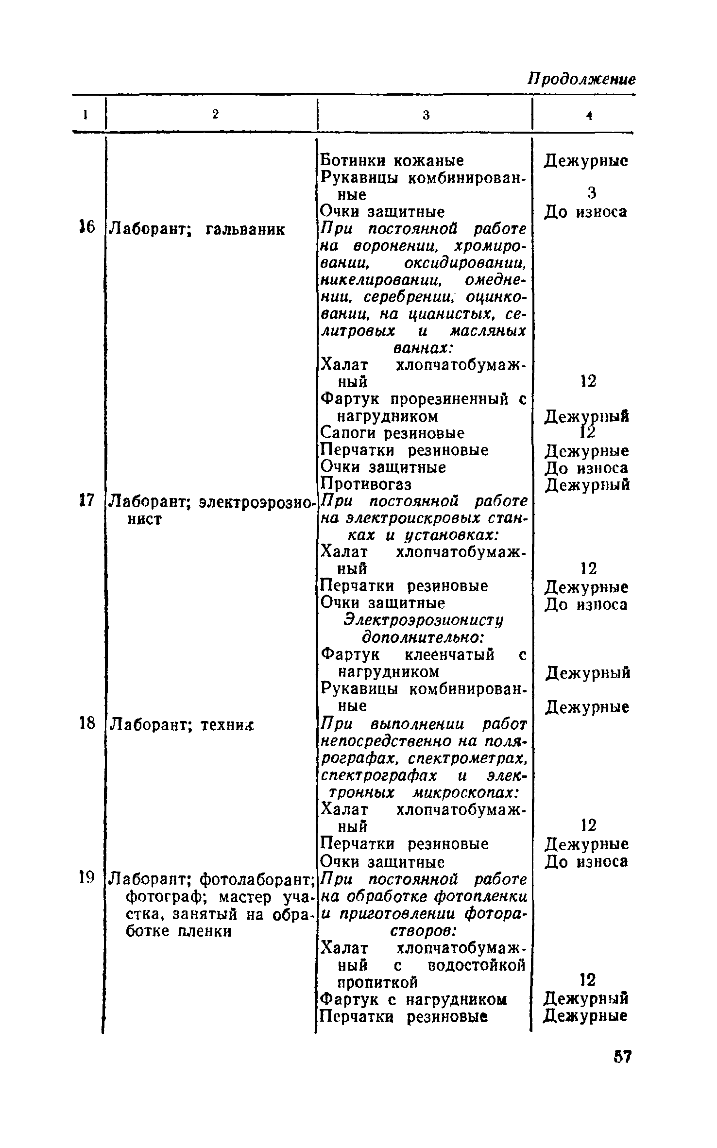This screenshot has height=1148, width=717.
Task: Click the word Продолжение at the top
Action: [x=581, y=79]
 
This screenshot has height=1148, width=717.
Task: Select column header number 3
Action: [x=426, y=115]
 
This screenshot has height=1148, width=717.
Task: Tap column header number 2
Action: [x=215, y=114]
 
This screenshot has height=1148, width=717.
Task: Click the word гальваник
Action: [x=245, y=228]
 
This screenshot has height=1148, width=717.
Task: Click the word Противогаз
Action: [x=366, y=484]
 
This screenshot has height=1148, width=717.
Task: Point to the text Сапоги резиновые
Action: [x=393, y=433]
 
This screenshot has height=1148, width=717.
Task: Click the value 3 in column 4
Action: [x=592, y=193]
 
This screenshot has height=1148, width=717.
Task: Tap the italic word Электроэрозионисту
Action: [x=424, y=620]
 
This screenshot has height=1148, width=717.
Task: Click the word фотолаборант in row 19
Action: [x=256, y=878]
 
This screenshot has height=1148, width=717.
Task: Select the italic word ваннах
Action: [x=422, y=349]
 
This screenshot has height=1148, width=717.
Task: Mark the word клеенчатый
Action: [x=449, y=655]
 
